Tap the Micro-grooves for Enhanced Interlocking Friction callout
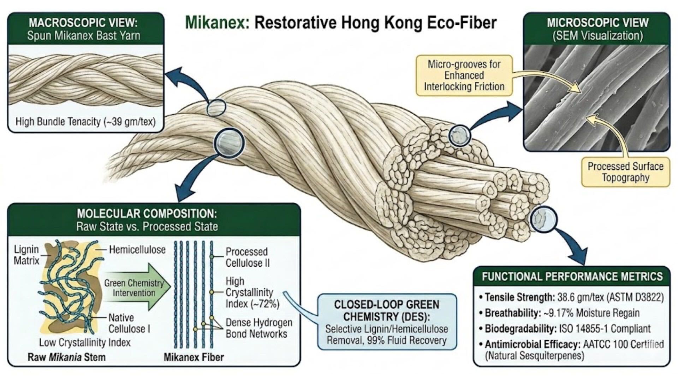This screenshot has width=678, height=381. click(x=464, y=75)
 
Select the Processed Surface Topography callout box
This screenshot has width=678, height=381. click(x=625, y=172)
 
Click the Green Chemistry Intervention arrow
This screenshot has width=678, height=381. click(x=136, y=287)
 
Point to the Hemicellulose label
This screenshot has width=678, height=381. click(x=137, y=250)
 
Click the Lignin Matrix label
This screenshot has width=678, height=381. click(x=26, y=255)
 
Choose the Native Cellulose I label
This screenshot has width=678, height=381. click(x=129, y=323)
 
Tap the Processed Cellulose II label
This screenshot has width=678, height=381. click(x=247, y=257)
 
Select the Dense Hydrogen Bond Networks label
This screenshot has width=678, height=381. click(x=259, y=328)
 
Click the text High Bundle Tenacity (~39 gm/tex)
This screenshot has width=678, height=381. click(x=85, y=122)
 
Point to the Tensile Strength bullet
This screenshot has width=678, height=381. click(x=571, y=297)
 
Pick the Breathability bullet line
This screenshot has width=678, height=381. click(x=559, y=313)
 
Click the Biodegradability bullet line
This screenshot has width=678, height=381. click(x=565, y=328)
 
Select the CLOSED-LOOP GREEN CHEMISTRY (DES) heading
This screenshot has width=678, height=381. click(x=387, y=310)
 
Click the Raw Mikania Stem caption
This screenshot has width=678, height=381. click(x=66, y=357)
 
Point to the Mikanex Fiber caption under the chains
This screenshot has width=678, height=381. click(x=194, y=357)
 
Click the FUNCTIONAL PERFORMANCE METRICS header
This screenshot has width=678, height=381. click(x=572, y=276)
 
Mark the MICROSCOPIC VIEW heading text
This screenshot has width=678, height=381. click(x=597, y=23)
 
